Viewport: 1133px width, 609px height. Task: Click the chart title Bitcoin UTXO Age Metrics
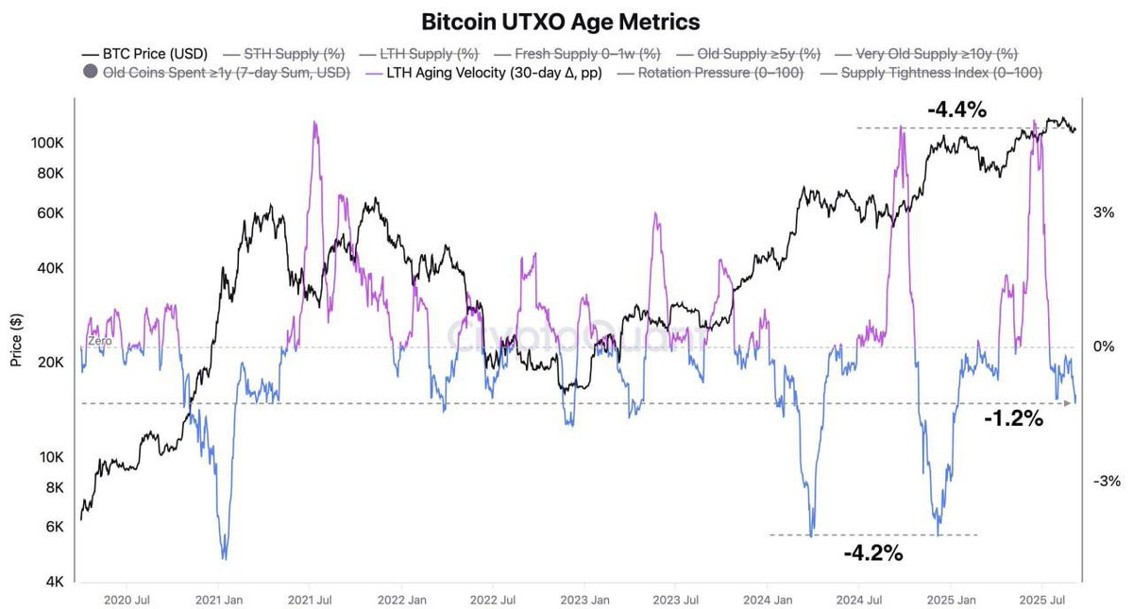[566, 21]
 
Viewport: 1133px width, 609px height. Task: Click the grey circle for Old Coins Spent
[91, 73]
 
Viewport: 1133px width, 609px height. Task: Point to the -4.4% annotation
[956, 110]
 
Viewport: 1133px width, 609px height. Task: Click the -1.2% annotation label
[1013, 418]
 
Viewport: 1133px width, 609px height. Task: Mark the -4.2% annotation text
[873, 552]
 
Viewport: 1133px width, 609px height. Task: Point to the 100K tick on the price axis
[47, 143]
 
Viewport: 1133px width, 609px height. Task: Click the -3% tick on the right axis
[1106, 481]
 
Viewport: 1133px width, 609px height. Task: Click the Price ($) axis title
[16, 340]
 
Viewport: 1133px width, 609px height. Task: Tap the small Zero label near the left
[99, 341]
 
